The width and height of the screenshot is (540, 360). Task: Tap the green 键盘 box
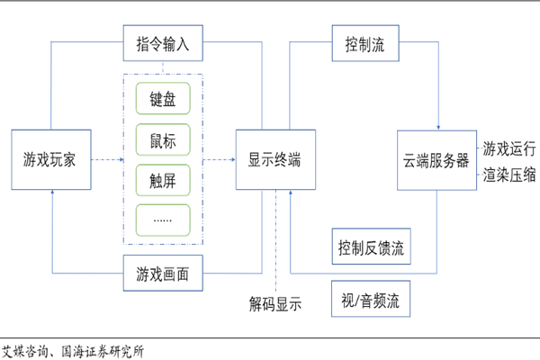point(163,98)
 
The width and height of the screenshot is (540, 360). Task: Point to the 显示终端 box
point(274,160)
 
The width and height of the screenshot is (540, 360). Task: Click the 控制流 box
point(364,44)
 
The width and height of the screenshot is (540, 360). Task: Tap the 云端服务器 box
point(436,160)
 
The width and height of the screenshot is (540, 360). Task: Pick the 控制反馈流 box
point(372,246)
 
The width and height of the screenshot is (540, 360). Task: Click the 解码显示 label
point(275,303)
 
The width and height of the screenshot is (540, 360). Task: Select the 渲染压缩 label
point(510,173)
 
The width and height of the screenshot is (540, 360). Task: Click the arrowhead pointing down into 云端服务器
point(436,127)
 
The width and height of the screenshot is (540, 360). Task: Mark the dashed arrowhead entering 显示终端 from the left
point(231,160)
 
